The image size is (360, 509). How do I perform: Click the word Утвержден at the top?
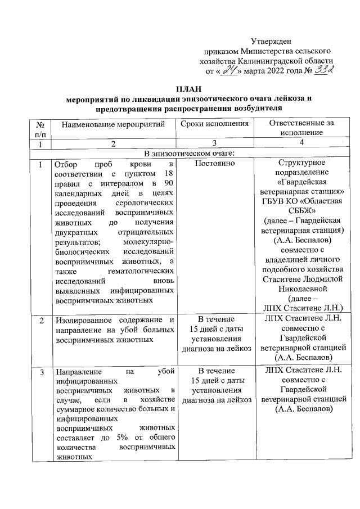271,41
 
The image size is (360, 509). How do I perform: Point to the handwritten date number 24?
229,71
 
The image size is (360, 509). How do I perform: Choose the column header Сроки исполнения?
215,124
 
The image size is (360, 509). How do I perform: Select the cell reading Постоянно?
215,164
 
